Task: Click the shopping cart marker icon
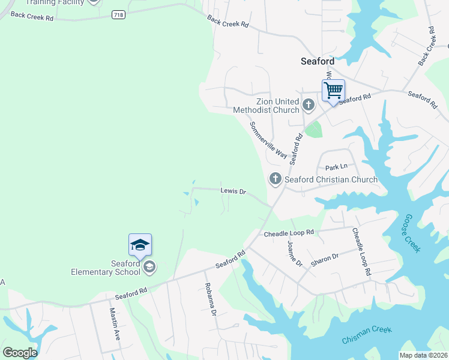point(333,91)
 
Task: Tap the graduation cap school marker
point(140,245)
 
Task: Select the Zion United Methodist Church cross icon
point(309,106)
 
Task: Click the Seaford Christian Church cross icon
point(276,179)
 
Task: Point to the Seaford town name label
point(317,61)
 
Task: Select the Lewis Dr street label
point(234,191)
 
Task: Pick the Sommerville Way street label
point(268,140)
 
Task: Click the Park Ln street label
point(336,167)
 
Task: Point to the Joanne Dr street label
point(294,251)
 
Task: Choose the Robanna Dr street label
point(210,298)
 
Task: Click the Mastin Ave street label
point(114,325)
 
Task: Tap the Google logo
point(20,352)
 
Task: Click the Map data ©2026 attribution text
point(423,355)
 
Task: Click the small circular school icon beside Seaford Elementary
point(149,267)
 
